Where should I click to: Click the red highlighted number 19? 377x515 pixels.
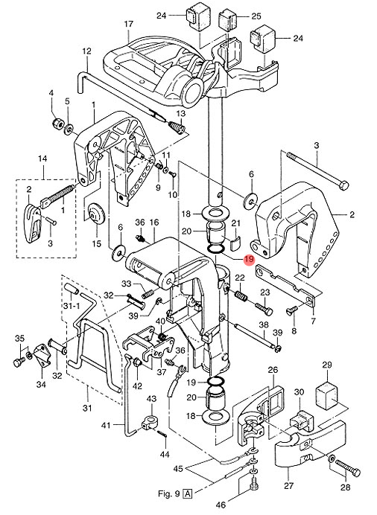coord(249,260)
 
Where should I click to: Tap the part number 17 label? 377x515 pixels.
coord(129,24)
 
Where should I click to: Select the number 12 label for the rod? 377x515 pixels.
coord(86,51)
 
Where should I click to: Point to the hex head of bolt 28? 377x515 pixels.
coord(355,473)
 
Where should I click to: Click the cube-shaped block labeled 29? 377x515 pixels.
coord(326,394)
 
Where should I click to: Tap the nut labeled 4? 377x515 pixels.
coord(58,124)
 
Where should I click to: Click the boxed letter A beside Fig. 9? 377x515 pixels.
coord(188,493)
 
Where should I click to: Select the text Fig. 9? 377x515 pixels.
coord(169,493)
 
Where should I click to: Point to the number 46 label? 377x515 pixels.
coord(221,505)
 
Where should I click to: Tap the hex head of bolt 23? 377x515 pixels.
coord(268,310)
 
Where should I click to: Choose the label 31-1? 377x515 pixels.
coord(71,307)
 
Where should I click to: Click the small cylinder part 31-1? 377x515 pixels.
coord(71,288)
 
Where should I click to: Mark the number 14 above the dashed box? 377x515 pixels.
coord(42,159)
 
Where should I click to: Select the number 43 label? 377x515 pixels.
coord(151,399)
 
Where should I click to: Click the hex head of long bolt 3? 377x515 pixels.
coord(343,185)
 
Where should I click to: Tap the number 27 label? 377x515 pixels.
coord(288,485)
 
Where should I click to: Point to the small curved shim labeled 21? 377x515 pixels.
coord(235,243)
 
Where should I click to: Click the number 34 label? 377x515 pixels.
coord(41,384)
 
